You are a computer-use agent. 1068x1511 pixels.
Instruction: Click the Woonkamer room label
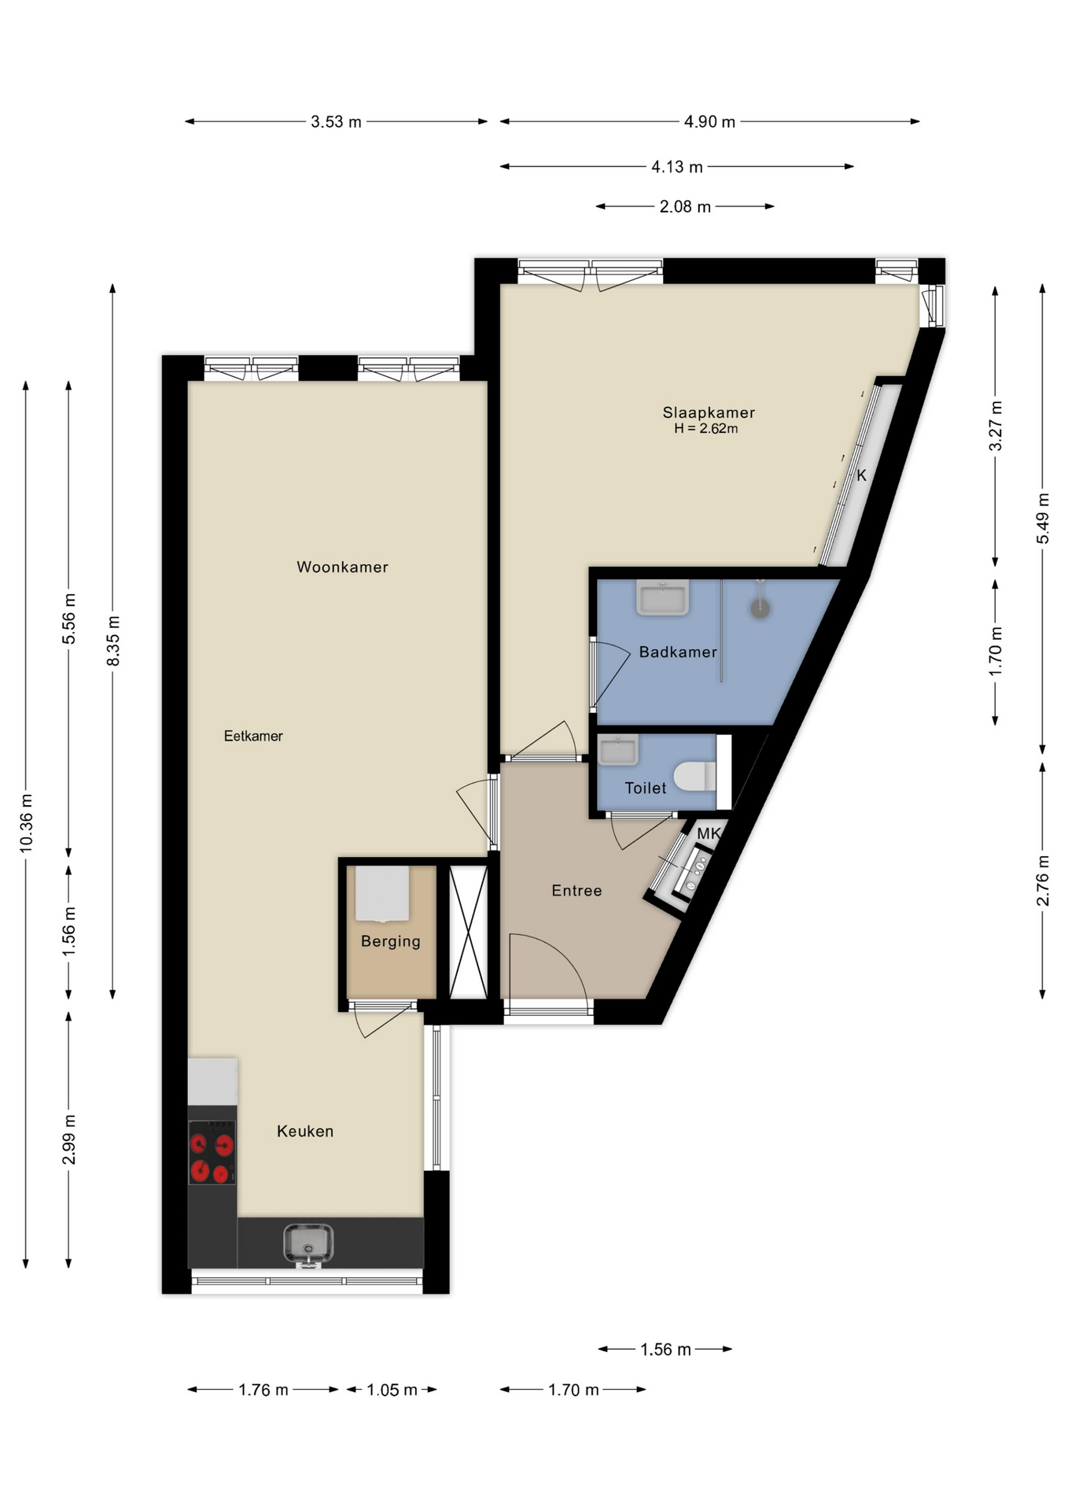pyautogui.click(x=342, y=567)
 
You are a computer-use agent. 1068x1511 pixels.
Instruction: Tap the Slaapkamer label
pyautogui.click(x=708, y=412)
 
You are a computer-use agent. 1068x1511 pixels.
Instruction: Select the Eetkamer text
pyautogui.click(x=253, y=736)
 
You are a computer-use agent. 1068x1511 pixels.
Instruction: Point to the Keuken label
pyautogui.click(x=305, y=1131)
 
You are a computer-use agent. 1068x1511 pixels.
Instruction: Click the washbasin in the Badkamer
pyautogui.click(x=662, y=598)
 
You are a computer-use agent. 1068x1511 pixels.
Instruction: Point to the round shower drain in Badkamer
pyautogui.click(x=759, y=608)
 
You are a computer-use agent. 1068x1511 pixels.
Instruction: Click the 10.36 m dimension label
pyautogui.click(x=27, y=822)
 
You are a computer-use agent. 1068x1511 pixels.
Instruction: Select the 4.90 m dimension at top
pyautogui.click(x=709, y=122)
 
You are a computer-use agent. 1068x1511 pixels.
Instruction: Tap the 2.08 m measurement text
pyautogui.click(x=685, y=207)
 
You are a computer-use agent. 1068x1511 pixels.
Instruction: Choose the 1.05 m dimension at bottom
pyautogui.click(x=392, y=1391)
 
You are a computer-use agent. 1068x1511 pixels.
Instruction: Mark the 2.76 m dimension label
pyautogui.click(x=1043, y=880)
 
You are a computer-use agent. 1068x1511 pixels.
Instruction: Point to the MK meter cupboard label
pyautogui.click(x=709, y=833)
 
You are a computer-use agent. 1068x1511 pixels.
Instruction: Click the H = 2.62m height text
pyautogui.click(x=705, y=429)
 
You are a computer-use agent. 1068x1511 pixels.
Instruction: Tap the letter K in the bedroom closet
pyautogui.click(x=861, y=475)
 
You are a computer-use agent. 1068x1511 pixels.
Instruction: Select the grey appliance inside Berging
pyautogui.click(x=382, y=893)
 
